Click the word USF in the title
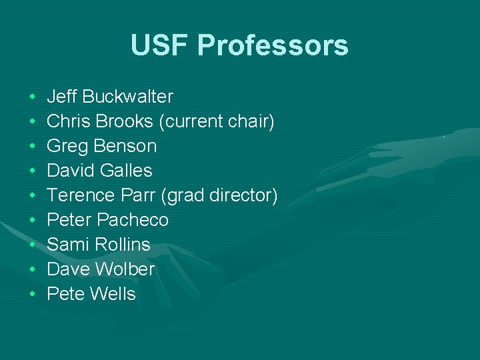pos(159,45)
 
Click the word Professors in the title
pos(273,45)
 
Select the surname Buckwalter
pos(128,97)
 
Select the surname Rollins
pos(123,245)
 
